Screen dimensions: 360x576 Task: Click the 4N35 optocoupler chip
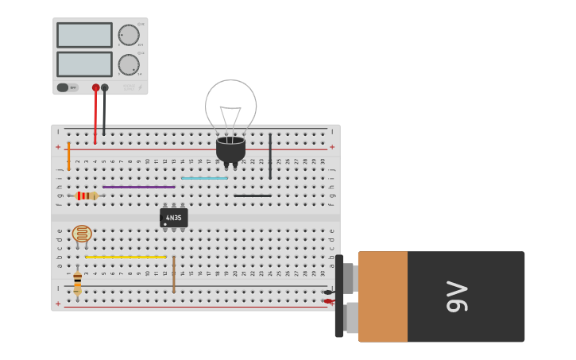tap(174, 217)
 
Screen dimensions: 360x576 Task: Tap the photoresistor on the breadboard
tap(82, 234)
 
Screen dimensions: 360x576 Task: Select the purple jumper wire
tap(138, 187)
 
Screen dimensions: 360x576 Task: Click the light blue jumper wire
tap(204, 178)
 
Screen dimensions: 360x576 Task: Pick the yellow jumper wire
tap(126, 257)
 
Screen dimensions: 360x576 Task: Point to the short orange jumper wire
tap(68, 156)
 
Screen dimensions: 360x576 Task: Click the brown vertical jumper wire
tap(174, 274)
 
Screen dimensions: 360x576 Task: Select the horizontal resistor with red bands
tap(86, 195)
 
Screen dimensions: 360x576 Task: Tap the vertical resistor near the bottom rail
tap(77, 283)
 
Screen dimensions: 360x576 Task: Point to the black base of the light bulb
tap(230, 149)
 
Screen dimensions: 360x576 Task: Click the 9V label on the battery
tap(457, 296)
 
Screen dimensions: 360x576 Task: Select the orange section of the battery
tap(382, 296)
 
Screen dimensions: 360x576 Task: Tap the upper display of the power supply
tap(84, 35)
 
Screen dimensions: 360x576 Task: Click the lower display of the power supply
tap(84, 64)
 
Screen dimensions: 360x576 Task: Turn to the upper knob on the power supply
tap(128, 35)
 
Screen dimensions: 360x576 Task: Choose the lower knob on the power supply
tap(128, 65)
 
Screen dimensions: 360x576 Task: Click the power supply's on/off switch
tap(63, 87)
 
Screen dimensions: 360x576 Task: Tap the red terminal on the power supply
tap(95, 87)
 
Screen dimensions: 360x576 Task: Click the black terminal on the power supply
tap(105, 87)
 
